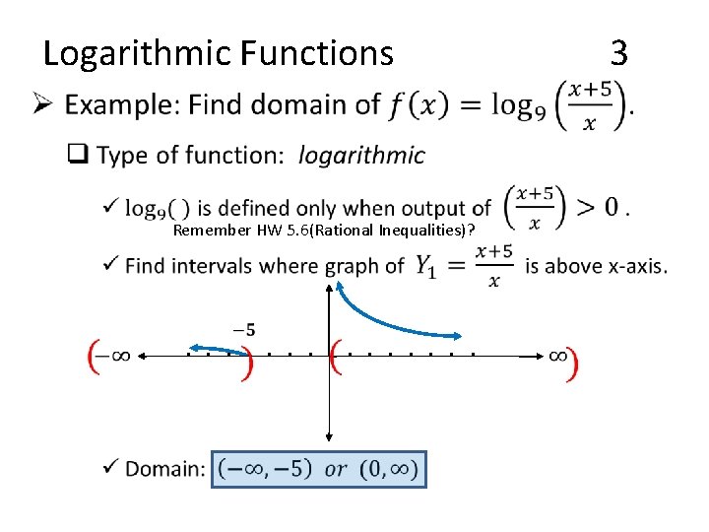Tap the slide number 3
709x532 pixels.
pos(618,51)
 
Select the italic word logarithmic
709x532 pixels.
pos(361,156)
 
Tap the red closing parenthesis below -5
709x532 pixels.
pos(246,361)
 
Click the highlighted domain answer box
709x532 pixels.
pos(319,469)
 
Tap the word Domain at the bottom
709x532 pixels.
pos(164,469)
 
